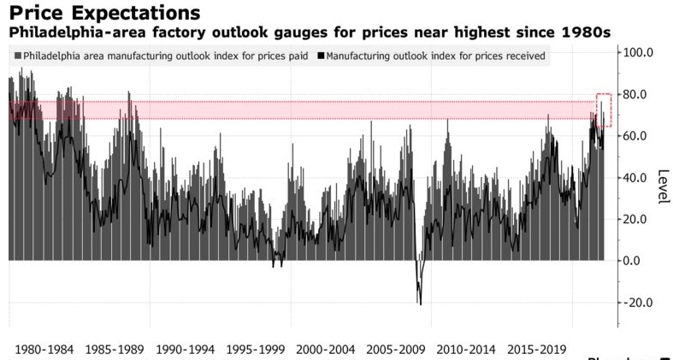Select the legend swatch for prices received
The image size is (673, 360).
pyautogui.click(x=321, y=56)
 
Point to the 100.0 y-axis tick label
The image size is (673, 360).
pyautogui.click(x=637, y=52)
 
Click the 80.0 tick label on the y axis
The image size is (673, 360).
pyautogui.click(x=637, y=94)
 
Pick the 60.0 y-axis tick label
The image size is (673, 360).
pyautogui.click(x=637, y=136)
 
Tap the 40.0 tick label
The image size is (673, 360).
pyautogui.click(x=637, y=178)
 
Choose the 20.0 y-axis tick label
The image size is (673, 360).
pyautogui.click(x=637, y=220)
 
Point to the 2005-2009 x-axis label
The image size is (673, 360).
pyautogui.click(x=401, y=349)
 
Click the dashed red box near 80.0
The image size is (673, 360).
pyautogui.click(x=604, y=110)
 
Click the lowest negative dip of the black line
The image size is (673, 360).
pyautogui.click(x=420, y=304)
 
